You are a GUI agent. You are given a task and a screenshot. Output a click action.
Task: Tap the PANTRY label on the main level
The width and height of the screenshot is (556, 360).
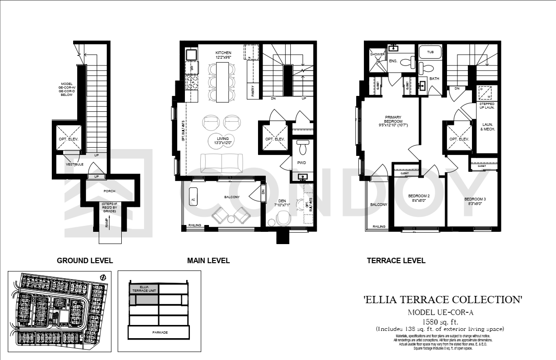click(253, 91)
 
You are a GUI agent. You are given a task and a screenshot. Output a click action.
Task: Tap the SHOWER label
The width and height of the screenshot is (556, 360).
click(377, 54)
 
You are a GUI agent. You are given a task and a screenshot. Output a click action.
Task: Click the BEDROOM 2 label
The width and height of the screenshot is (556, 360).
click(418, 198)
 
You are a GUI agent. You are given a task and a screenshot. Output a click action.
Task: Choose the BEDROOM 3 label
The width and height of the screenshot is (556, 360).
click(475, 201)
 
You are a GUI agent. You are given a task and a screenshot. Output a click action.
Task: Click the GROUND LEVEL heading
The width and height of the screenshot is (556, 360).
click(84, 260)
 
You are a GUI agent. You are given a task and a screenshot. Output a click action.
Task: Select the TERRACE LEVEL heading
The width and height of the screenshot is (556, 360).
click(396, 260)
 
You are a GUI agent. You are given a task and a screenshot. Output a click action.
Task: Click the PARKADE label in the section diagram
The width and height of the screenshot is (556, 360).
click(159, 333)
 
